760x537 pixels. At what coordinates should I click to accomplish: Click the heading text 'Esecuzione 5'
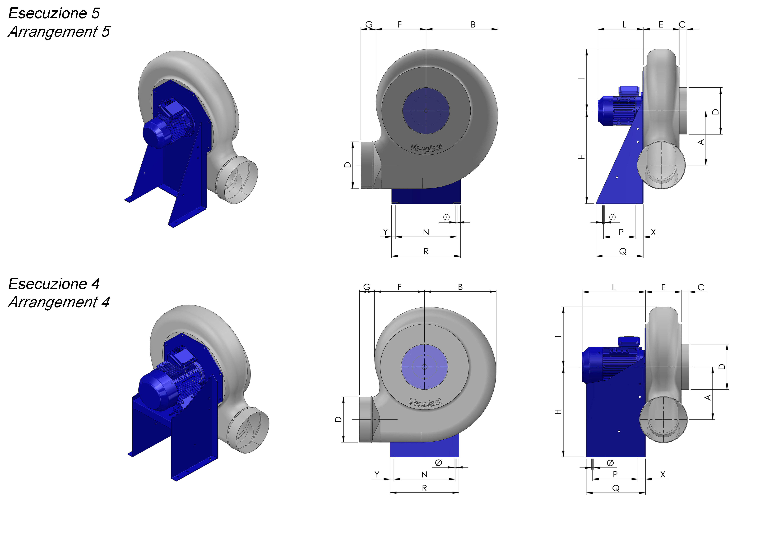[x=54, y=13]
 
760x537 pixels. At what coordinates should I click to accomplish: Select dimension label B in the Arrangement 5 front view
[x=473, y=24]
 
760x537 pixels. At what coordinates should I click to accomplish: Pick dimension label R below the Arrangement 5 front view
[x=426, y=251]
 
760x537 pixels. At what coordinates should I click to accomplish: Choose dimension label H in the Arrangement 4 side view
[x=558, y=412]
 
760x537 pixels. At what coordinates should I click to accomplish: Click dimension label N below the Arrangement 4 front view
[x=424, y=474]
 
